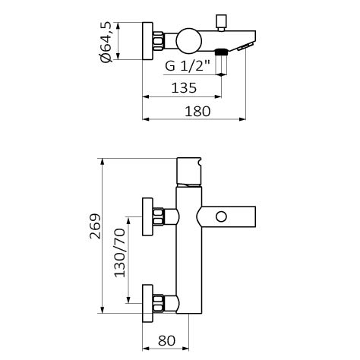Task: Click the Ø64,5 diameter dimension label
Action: (106, 42)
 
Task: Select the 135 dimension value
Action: (184, 88)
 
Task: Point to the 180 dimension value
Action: (197, 112)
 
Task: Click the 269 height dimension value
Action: (96, 226)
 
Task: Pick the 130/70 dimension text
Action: (120, 253)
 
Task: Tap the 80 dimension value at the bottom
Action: (166, 340)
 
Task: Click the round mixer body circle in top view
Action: (189, 41)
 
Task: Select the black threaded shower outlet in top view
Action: (221, 52)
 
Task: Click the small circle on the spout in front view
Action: (221, 217)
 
